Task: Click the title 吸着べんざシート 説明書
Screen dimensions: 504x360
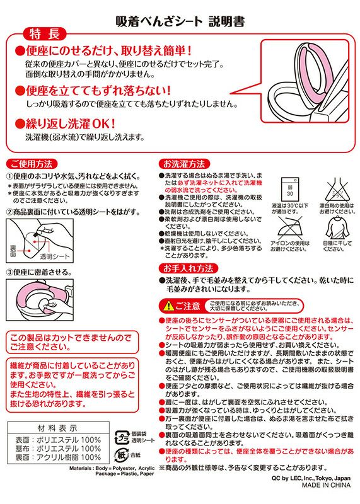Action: [180, 21]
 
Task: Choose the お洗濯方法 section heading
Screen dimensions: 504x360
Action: [183, 163]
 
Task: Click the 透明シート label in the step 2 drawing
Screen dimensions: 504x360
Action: [55, 257]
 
